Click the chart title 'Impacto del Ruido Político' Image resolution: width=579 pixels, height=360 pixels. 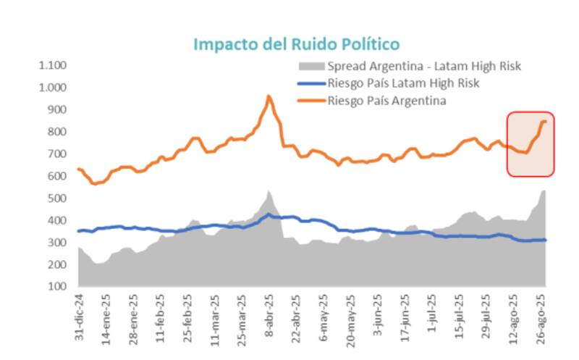[x=297, y=44]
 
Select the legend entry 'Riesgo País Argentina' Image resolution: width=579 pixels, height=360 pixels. [x=386, y=101]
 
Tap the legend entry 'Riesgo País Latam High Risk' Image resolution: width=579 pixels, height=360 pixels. [x=403, y=83]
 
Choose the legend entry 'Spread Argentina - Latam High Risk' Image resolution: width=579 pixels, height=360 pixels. [x=424, y=67]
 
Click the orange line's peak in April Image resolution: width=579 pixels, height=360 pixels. [x=269, y=96]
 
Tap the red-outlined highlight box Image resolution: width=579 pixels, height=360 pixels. [x=531, y=144]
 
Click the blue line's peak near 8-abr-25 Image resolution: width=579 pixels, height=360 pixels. [x=269, y=214]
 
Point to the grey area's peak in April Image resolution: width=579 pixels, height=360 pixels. [x=268, y=191]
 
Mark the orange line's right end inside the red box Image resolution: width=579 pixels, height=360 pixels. [x=544, y=121]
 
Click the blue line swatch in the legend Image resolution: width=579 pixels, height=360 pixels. [x=310, y=83]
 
